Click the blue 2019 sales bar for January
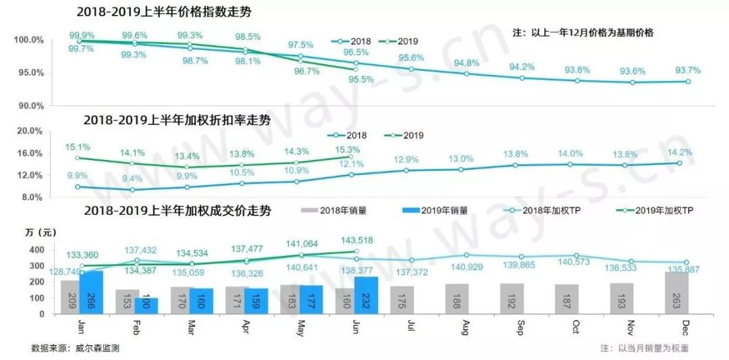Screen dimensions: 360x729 pos(91,292)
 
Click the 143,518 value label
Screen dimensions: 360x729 pos(356,240)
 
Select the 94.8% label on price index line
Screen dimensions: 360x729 pos(467,63)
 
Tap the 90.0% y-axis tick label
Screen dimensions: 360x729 pos(28,105)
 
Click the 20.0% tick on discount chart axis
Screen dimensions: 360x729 pos(28,130)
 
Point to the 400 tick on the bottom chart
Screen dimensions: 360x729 pos(36,250)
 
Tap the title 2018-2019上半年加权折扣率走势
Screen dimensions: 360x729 pos(177,120)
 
